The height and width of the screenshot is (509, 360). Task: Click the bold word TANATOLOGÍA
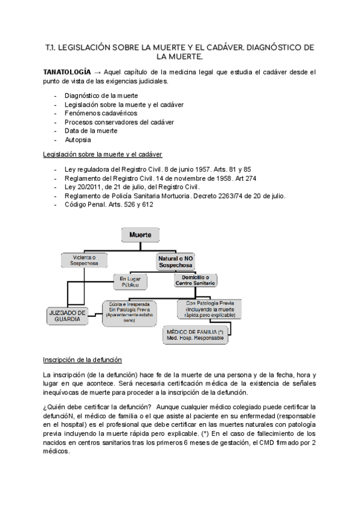point(67,71)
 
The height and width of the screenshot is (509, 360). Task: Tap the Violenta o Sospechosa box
point(84,260)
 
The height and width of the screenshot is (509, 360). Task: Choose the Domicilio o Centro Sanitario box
point(196,280)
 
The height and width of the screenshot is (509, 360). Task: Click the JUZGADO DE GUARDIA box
point(68,315)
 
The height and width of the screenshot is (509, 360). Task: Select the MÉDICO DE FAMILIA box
point(205,334)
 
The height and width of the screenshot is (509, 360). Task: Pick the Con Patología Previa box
point(209,309)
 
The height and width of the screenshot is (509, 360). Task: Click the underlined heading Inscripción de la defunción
point(82,360)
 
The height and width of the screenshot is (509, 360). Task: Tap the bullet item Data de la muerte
point(91,130)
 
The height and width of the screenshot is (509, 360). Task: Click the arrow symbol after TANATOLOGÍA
point(98,71)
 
